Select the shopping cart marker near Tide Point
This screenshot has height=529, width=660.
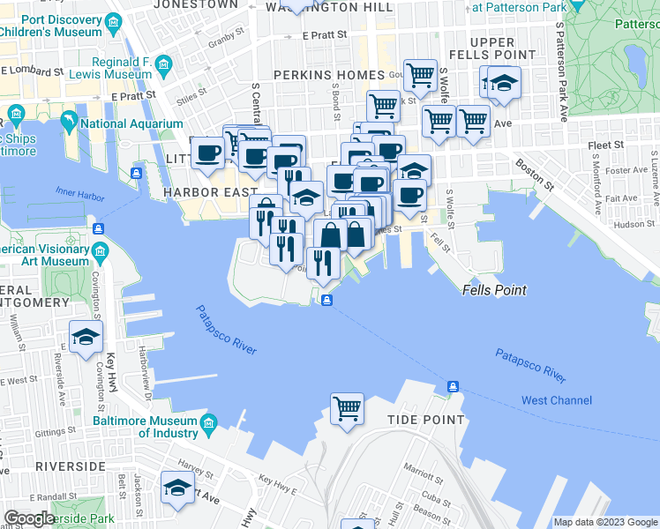pyautogui.click(x=347, y=408)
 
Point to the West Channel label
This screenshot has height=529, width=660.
pyautogui.click(x=556, y=400)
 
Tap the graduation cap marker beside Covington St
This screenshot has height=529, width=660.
pyautogui.click(x=86, y=337)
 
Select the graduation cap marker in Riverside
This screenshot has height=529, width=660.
pyautogui.click(x=178, y=488)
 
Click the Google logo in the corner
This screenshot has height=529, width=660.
pyautogui.click(x=29, y=518)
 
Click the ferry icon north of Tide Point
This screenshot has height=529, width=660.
pyautogui.click(x=453, y=386)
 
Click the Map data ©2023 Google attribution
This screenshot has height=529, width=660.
pyautogui.click(x=604, y=522)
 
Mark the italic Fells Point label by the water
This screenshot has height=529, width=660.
pyautogui.click(x=494, y=290)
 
